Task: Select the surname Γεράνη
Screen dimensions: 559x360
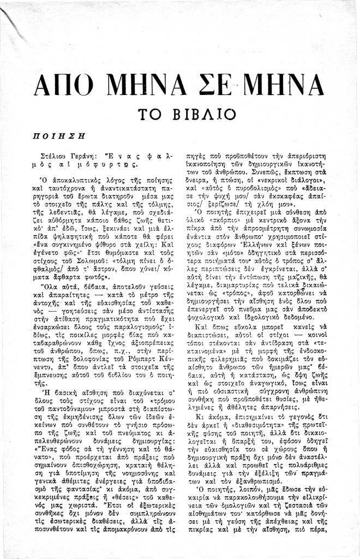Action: (93, 155)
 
